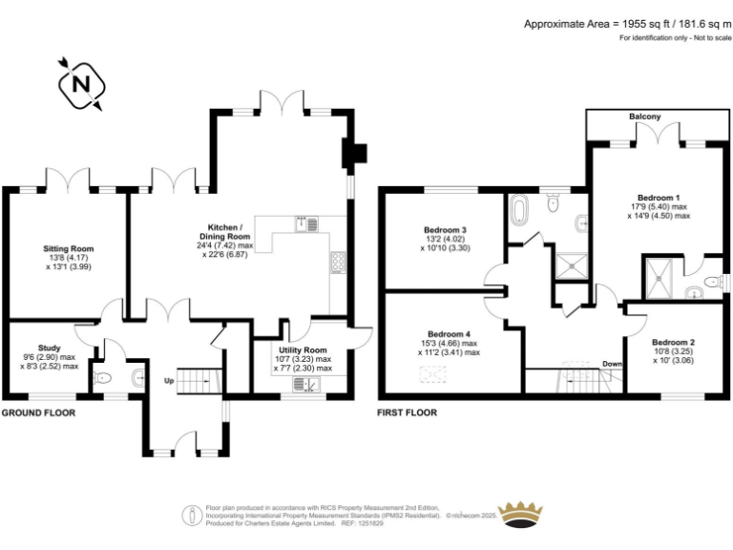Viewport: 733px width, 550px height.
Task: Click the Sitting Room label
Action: point(69,249)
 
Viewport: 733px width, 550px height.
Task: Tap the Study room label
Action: point(49,348)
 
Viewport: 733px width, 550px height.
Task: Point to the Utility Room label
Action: point(303,350)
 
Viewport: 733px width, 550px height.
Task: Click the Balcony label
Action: point(644,116)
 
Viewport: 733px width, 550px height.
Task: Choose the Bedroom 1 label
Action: point(659,198)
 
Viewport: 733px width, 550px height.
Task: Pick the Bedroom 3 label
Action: point(445,230)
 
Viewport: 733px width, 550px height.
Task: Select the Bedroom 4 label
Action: point(449,334)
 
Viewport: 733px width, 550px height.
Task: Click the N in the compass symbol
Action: point(81,85)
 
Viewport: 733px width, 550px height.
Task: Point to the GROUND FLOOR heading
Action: point(38,412)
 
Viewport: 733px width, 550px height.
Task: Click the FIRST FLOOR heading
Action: point(408,412)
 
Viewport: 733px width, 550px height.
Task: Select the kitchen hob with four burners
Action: point(338,263)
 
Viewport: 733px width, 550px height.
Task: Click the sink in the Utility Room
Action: point(306,385)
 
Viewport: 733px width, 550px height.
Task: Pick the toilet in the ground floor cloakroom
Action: point(102,378)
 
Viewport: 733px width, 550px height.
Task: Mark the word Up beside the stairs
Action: point(169,381)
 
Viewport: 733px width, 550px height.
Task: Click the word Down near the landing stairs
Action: point(612,364)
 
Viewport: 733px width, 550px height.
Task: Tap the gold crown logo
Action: point(520,516)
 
